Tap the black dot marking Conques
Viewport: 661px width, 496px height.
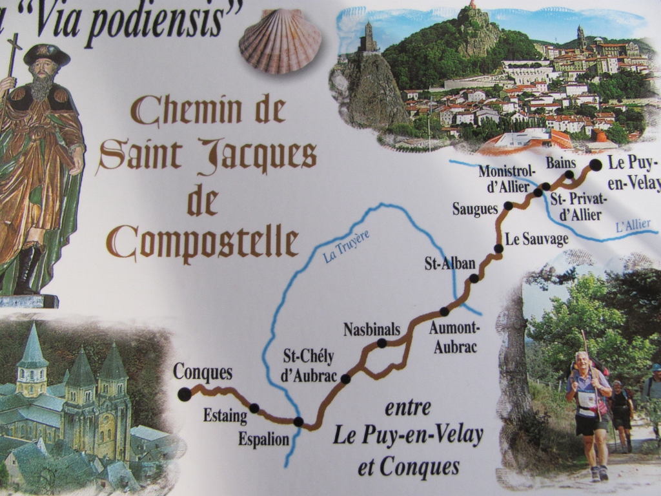coord(185,394)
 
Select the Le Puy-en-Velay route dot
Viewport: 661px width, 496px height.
coord(595,165)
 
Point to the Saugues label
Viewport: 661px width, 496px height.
coord(475,209)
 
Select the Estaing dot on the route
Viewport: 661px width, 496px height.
coord(254,408)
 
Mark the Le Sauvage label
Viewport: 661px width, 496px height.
coord(536,239)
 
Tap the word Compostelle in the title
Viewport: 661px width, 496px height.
coord(209,242)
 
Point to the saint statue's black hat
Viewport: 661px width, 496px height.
coord(46,54)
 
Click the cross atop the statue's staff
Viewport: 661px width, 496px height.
coord(14,48)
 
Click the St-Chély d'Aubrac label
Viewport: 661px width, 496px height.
coord(309,365)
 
